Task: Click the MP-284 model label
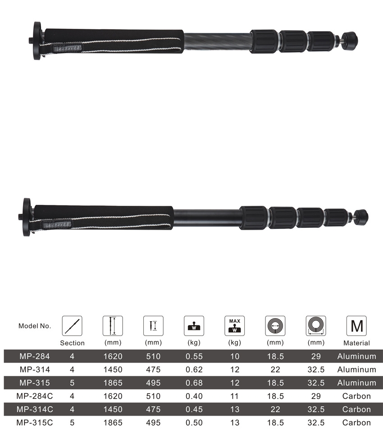click(35, 356)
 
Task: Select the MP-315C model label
click(35, 422)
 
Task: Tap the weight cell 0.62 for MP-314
click(194, 369)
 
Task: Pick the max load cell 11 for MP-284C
click(234, 396)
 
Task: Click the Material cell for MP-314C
click(356, 409)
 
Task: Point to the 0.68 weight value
click(194, 383)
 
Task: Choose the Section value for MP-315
click(72, 383)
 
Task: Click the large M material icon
click(356, 326)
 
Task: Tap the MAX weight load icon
click(234, 326)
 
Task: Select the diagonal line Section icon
click(72, 326)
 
